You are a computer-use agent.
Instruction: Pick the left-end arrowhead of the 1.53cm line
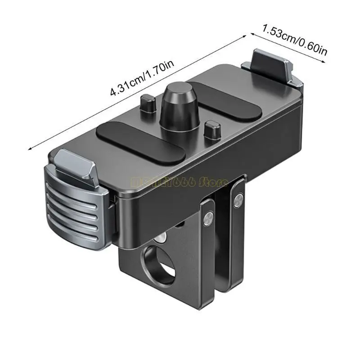(252, 33)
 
